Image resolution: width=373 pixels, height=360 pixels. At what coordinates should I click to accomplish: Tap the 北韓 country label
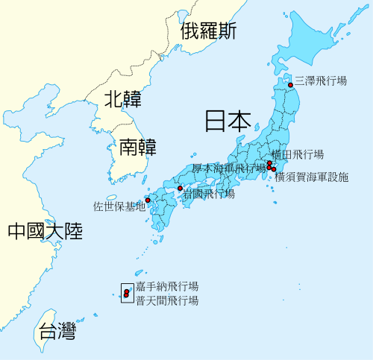coord(122,98)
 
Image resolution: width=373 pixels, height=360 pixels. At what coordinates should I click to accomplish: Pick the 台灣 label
coord(57,330)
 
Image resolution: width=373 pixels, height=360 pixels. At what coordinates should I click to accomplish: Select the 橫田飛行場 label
coord(298,154)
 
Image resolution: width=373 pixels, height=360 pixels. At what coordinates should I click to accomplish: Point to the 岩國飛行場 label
coord(209,193)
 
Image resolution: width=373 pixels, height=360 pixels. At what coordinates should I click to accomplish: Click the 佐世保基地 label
coord(119,206)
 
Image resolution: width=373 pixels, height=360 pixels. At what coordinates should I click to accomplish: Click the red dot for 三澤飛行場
coord(291,85)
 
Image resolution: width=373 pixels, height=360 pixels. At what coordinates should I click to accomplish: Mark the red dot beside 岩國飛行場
coord(180,188)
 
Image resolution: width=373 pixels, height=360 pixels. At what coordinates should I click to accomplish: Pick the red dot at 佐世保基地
coord(148,200)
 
